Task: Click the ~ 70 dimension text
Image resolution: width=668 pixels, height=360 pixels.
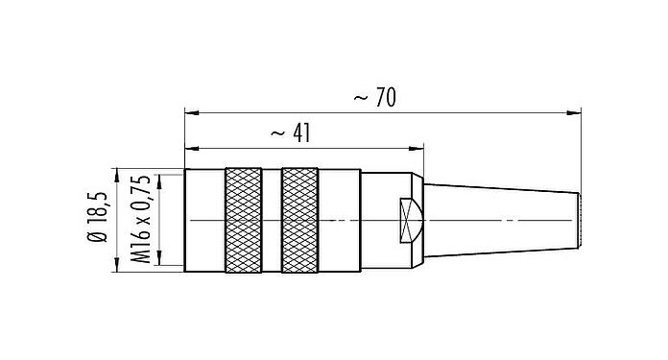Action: (374, 98)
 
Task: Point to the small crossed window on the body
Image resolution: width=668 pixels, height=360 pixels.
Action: (410, 220)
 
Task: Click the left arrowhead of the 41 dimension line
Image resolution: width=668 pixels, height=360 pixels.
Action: (189, 149)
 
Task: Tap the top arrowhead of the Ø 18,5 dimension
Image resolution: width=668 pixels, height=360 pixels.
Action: (116, 174)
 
